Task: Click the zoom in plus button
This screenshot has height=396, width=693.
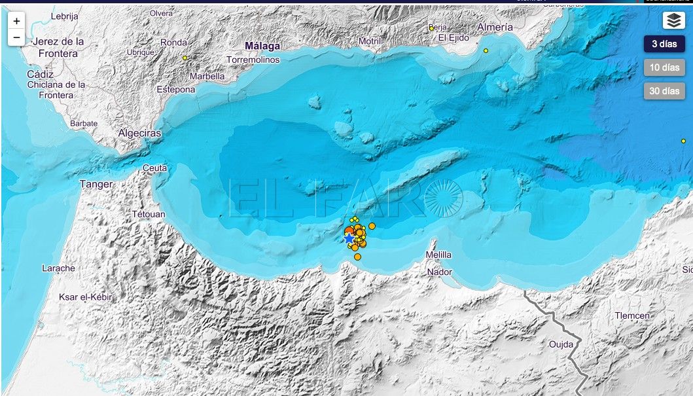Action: pos(16,21)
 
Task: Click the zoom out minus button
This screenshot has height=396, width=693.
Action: pos(16,38)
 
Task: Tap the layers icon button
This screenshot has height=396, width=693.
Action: pos(673,21)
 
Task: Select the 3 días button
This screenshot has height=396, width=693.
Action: pos(664,45)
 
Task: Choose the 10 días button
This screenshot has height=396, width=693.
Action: pos(664,67)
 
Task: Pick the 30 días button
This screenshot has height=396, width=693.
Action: pos(664,91)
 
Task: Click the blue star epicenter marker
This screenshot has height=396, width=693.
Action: pos(348,240)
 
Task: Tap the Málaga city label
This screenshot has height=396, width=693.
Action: pos(262,46)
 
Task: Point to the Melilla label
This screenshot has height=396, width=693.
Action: pos(438,255)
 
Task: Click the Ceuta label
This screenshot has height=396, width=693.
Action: pos(154,168)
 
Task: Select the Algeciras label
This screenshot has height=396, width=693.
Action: pos(139,133)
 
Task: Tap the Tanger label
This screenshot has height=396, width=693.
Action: pos(96,184)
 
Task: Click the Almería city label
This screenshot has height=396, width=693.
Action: pos(495,27)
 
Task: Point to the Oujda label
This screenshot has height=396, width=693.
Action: pos(561,344)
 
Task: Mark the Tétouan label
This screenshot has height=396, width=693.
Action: pos(149,214)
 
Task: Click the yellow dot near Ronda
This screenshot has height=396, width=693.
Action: pos(185,58)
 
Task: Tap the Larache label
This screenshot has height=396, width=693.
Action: pos(58,268)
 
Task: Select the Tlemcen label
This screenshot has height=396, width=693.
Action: pos(632,315)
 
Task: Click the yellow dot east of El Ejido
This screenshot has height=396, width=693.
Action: pos(486,50)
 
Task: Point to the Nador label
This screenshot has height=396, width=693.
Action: pos(439,272)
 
